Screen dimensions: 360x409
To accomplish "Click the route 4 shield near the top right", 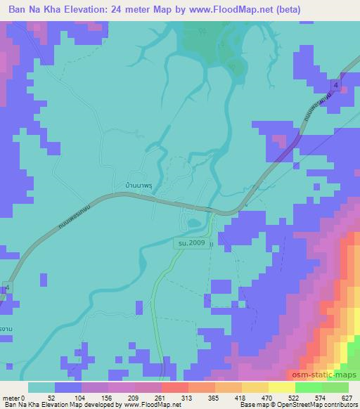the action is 337,85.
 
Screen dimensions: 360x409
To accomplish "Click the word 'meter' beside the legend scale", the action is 11,398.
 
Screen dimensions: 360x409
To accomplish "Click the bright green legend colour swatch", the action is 309,388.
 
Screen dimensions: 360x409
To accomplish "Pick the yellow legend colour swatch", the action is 256,388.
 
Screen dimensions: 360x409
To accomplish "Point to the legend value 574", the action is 322,398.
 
